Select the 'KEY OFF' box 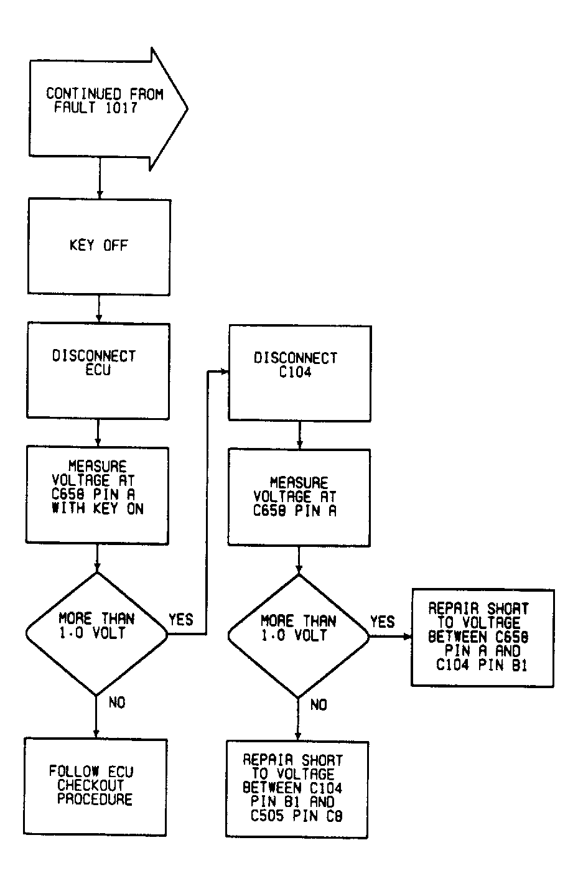click(98, 246)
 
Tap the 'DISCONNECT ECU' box click(97, 370)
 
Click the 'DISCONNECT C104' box click(299, 373)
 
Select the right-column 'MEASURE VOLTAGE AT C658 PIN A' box click(299, 497)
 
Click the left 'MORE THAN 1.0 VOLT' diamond click(96, 633)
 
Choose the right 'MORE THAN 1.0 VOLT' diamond click(299, 636)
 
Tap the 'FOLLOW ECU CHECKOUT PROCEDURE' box click(95, 786)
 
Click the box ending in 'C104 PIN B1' click(482, 637)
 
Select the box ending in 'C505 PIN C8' click(297, 788)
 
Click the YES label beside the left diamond click(180, 620)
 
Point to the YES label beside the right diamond click(382, 622)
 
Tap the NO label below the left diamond click(116, 702)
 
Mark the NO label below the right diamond click(318, 705)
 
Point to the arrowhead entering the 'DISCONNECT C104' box click(225, 372)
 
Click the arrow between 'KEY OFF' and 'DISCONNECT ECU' click(98, 309)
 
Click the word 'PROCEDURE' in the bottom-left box click(95, 800)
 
